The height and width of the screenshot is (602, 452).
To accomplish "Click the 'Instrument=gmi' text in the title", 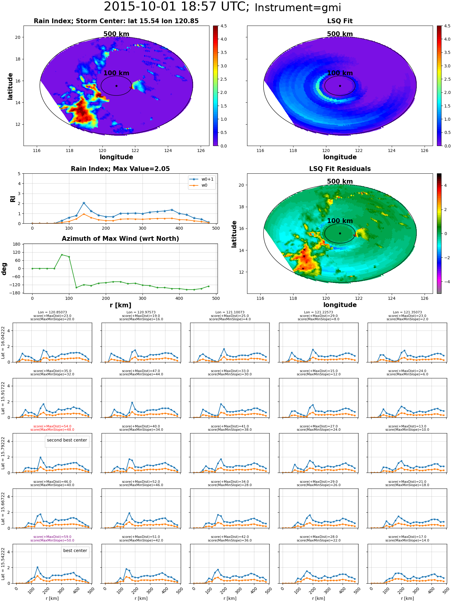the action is (x=298, y=8).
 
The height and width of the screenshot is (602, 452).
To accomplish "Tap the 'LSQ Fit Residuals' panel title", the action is (x=340, y=169).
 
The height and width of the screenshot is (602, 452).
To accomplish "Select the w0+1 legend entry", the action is (x=202, y=179).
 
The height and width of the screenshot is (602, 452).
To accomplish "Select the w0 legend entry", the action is (x=199, y=185).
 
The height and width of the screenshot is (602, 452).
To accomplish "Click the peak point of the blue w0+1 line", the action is (x=84, y=203).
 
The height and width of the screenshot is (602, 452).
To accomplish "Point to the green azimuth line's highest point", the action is (x=62, y=255).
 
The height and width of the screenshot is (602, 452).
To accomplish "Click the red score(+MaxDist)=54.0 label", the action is (x=52, y=426).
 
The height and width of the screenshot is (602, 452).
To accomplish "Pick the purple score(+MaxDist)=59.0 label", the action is (x=52, y=537).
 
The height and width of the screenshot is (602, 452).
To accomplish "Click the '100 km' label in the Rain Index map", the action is (x=116, y=73).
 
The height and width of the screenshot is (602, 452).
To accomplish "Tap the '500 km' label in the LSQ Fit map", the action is (x=340, y=34).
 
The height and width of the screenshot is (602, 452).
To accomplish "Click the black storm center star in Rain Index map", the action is (x=116, y=86).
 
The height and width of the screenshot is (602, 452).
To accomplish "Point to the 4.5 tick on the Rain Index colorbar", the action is (x=223, y=26).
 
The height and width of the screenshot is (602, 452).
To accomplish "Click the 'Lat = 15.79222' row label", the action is (x=3, y=453).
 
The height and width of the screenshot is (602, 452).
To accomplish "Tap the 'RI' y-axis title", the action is (x=13, y=199).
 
